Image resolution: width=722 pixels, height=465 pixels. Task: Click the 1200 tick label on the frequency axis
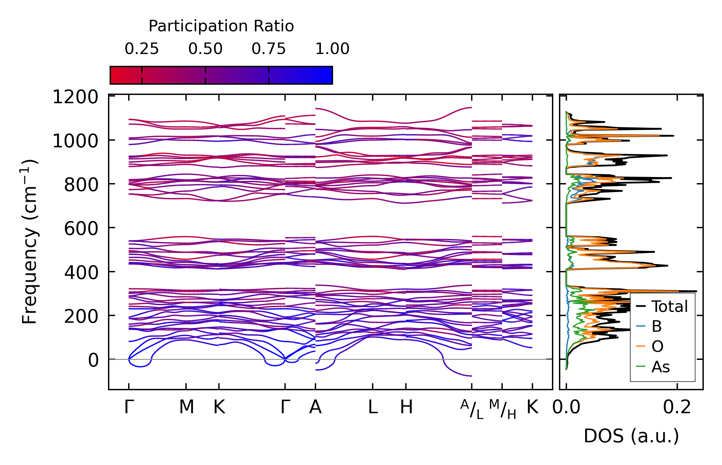pos(75,97)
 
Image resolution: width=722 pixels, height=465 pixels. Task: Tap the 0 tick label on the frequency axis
pos(93,360)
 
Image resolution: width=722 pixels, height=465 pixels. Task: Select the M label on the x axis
pos(186,407)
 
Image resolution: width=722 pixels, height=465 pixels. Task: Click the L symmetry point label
pos(373,407)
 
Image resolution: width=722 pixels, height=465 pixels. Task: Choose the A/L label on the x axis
pos(472,409)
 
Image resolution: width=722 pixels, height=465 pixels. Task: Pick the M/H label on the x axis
pos(502,409)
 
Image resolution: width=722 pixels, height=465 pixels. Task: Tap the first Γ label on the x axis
pos(128,407)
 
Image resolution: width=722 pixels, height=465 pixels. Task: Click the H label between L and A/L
pos(406,407)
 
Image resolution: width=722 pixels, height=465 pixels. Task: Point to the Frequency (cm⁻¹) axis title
pos(30,242)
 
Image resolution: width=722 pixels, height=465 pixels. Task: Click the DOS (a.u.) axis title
pos(631,436)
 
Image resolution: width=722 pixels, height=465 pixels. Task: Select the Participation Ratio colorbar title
pos(221,26)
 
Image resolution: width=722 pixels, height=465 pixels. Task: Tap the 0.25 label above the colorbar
pos(142,49)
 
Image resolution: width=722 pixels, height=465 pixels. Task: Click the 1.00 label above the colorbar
pos(332,49)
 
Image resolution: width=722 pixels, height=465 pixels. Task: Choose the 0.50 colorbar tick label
pos(205,49)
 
